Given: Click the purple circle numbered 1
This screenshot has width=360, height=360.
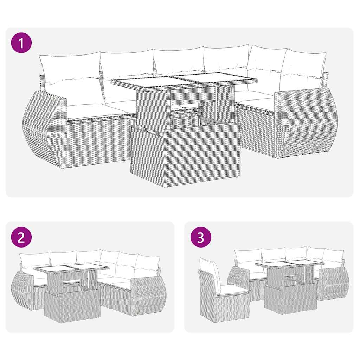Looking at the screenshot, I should (21, 43).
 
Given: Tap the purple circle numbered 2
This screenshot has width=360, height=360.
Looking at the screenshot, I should (21, 238).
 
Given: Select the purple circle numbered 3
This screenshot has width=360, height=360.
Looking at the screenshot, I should (200, 238).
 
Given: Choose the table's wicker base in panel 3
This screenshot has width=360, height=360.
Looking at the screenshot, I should (290, 299).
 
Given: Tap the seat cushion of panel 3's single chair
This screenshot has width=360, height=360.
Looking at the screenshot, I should (230, 289).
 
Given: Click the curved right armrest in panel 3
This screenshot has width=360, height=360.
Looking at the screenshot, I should (333, 283).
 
